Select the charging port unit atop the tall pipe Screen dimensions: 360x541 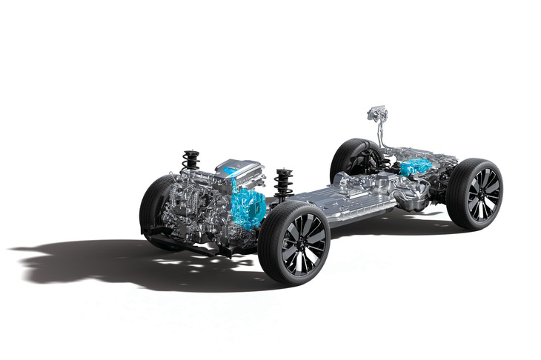pyautogui.click(x=379, y=115)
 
